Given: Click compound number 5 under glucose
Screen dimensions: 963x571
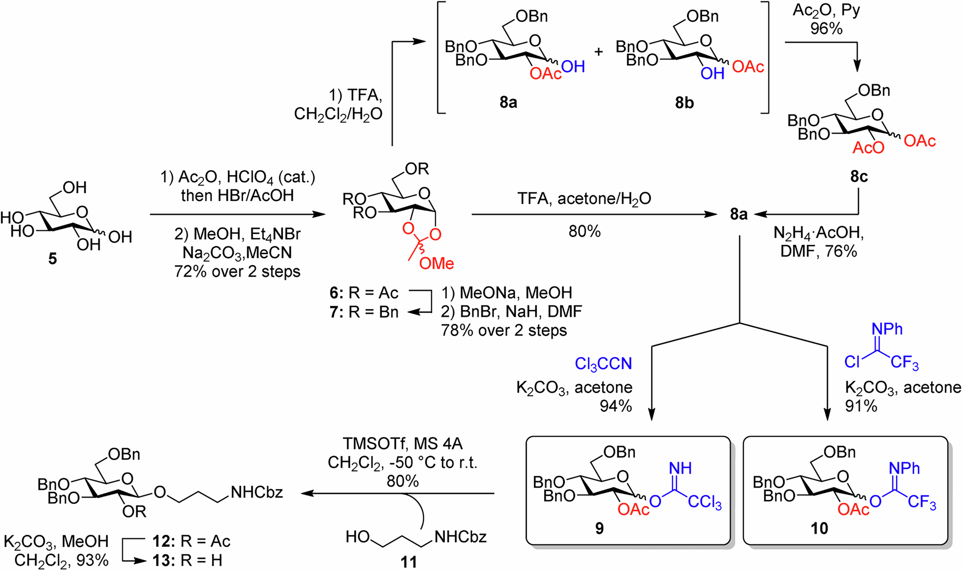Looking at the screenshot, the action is point(52,259).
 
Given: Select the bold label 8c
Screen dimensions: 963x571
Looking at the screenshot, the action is point(859,177).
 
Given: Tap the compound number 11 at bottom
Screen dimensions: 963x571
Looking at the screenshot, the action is point(408,562).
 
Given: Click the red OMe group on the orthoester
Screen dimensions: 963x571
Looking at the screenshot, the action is point(436,263).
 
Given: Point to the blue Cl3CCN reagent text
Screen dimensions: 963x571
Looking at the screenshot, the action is point(603,364).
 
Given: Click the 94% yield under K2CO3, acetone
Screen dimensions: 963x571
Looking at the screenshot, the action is point(615,406).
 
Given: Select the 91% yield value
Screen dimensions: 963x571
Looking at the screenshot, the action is point(861,406).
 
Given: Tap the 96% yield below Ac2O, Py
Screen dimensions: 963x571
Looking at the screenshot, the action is point(826,29).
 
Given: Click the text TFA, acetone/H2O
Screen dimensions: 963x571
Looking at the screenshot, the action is point(584,199).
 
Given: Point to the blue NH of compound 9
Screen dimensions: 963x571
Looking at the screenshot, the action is point(680,468).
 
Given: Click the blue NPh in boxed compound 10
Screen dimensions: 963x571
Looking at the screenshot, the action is point(904,468).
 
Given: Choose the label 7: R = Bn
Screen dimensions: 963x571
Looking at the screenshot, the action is point(364,312).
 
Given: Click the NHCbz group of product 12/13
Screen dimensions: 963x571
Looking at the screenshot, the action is point(257,492).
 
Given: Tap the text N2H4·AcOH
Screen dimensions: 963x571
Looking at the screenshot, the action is point(818,233).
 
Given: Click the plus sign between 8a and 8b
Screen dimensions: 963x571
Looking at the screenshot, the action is point(599,52).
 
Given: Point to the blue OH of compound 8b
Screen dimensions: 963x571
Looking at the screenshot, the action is point(712,74).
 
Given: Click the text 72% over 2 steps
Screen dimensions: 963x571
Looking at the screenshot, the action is point(237,271).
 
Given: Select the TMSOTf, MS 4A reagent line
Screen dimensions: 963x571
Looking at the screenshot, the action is point(403,443).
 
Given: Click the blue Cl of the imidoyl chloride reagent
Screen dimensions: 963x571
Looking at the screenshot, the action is point(852,362).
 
